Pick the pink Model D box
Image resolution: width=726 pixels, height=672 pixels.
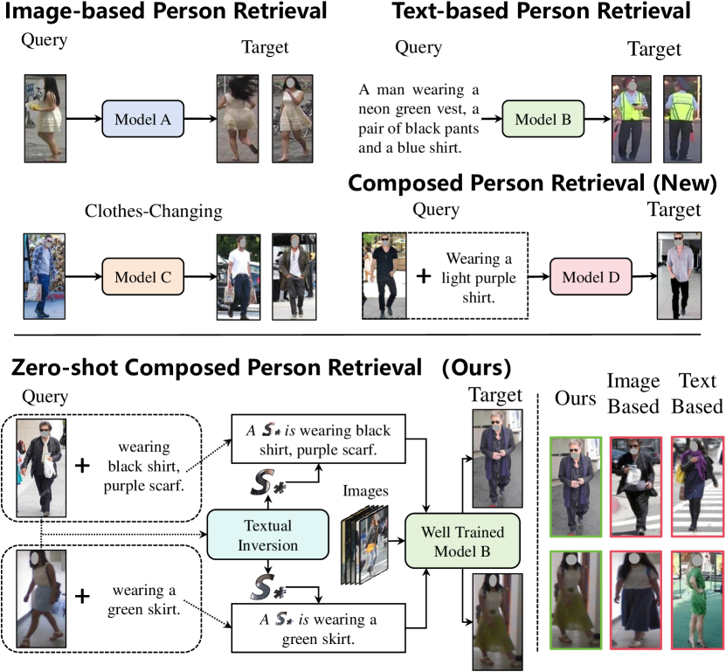coord(590,277)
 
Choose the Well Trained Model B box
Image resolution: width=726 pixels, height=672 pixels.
coord(455,539)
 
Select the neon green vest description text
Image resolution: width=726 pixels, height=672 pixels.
coord(419,118)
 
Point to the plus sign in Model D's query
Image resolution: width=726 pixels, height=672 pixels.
coord(423,276)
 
